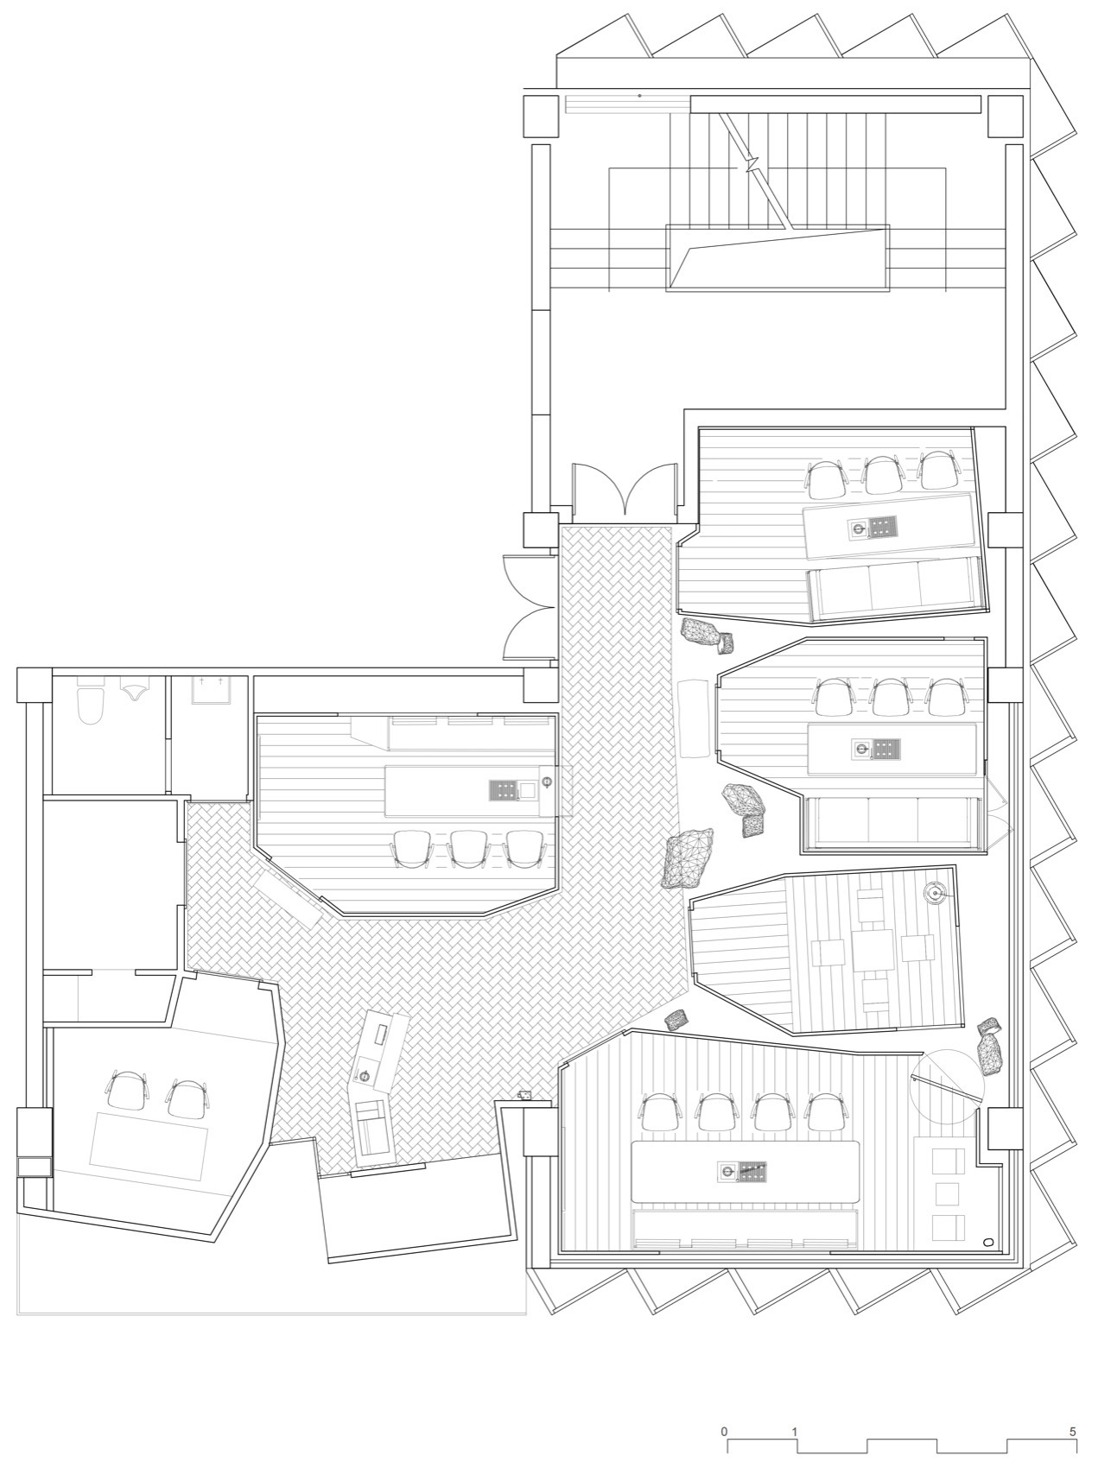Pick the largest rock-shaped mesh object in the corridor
click(x=688, y=857)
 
